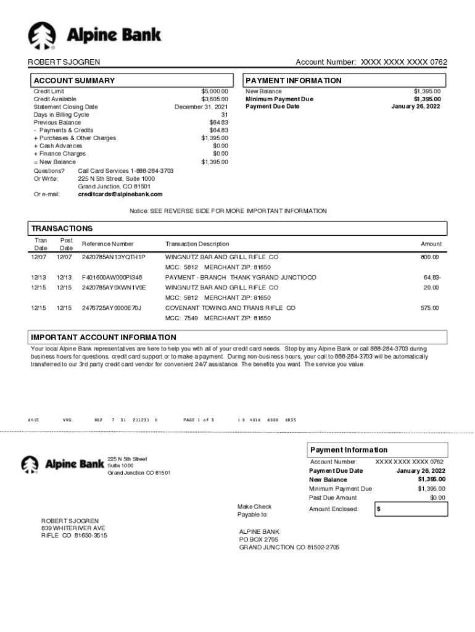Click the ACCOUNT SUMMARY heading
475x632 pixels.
point(74,81)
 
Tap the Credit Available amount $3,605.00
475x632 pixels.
point(214,99)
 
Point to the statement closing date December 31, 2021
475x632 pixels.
point(201,107)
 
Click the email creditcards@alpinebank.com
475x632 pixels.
point(120,194)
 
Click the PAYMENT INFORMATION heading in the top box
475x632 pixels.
point(293,81)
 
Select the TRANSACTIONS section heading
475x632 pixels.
point(62,228)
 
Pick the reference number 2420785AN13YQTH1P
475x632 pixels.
point(114,257)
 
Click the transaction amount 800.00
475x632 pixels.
point(429,257)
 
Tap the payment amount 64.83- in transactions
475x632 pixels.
point(432,278)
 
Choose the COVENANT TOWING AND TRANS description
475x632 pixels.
point(230,308)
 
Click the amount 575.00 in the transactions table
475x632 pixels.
point(429,308)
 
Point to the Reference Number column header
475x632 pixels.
point(107,244)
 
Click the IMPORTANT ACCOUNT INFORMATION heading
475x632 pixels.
point(104,338)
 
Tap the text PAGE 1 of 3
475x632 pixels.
point(199,420)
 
